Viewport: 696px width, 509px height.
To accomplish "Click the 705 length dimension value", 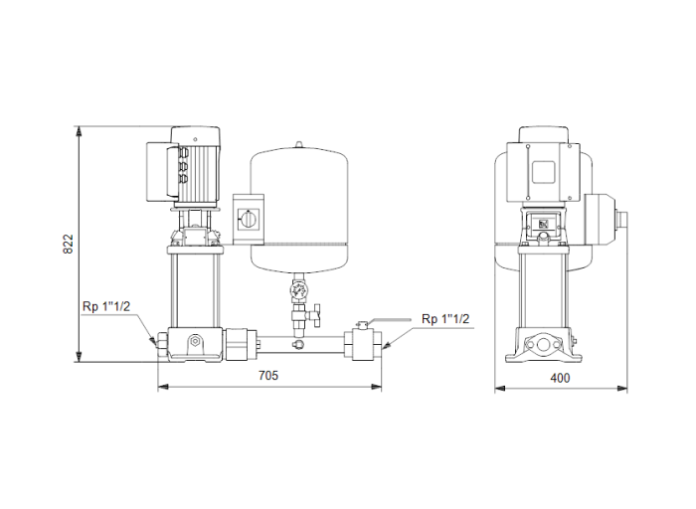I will [268, 376].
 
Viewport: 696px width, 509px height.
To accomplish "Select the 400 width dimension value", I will [562, 378].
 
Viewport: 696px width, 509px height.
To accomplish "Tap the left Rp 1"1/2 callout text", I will [107, 305].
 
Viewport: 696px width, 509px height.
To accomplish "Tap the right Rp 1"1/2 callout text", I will [445, 318].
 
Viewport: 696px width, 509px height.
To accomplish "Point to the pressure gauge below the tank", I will [296, 292].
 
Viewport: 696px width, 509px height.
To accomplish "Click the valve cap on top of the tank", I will [296, 147].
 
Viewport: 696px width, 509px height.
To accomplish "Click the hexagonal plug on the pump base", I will [196, 343].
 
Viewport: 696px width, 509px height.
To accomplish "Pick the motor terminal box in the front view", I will [159, 167].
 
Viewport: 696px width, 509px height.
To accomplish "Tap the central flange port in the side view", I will [544, 346].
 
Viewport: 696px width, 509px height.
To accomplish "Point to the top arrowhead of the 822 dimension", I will [79, 130].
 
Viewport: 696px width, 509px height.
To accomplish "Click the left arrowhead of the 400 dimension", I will [500, 388].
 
